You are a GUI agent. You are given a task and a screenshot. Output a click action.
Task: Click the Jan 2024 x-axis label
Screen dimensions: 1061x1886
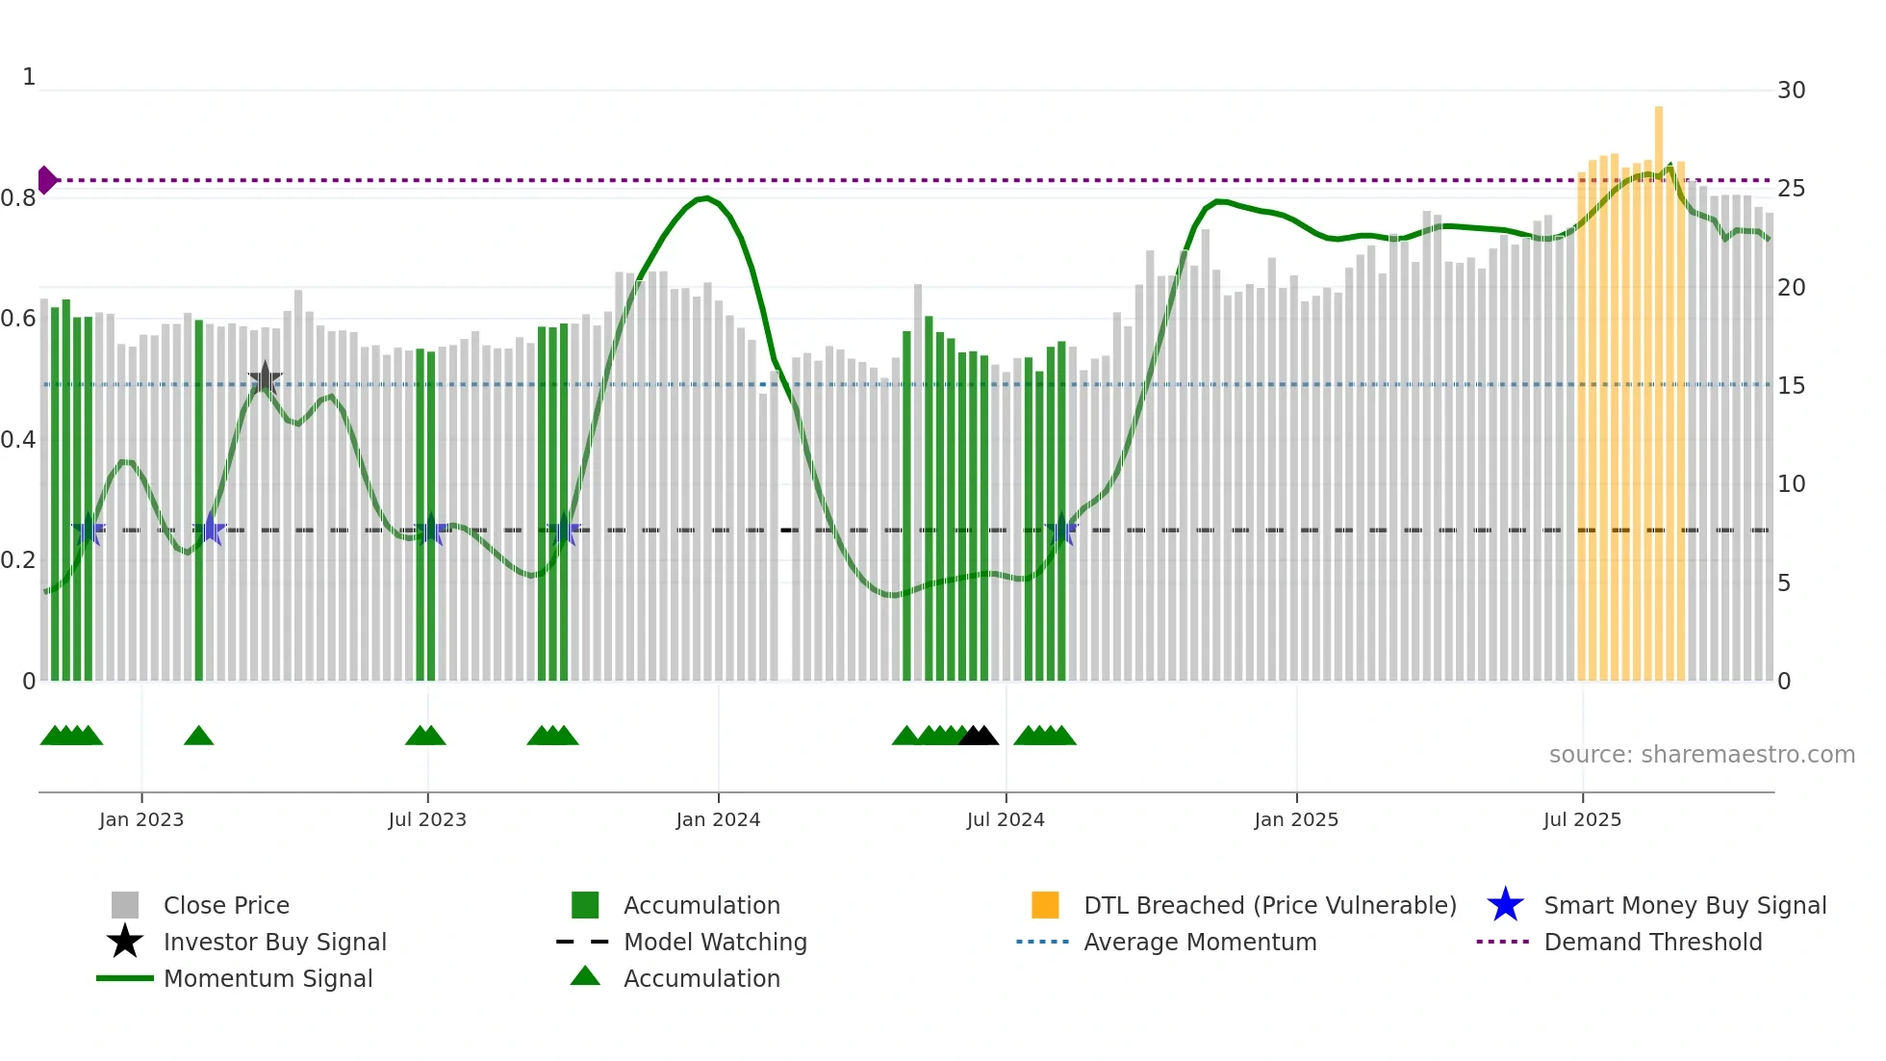coord(718,819)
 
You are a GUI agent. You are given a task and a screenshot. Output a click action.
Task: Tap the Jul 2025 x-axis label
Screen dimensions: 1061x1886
coord(1582,819)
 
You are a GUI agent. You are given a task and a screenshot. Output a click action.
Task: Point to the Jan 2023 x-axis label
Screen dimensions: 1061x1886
coord(141,819)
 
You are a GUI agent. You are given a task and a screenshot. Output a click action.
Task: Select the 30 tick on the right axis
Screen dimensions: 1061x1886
coord(1791,91)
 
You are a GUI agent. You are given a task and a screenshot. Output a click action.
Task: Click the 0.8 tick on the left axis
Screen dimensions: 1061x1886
coord(18,198)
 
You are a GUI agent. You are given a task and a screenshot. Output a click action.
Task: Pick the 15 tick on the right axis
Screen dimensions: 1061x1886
coord(1791,386)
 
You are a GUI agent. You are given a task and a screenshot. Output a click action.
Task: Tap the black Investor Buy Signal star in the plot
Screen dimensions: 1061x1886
coord(265,379)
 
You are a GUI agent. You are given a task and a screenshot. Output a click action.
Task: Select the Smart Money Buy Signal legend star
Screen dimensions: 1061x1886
coord(1505,905)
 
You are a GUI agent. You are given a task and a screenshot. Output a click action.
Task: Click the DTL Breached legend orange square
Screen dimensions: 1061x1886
coord(1045,905)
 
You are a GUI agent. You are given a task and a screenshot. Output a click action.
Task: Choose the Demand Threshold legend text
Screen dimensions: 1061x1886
coord(1652,942)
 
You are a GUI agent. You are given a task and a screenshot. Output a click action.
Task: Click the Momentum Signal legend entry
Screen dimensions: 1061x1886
coord(268,978)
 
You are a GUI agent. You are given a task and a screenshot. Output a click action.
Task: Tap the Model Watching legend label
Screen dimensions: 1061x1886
coord(715,942)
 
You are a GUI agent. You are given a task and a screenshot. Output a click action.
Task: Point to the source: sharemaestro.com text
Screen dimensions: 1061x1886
coord(1701,755)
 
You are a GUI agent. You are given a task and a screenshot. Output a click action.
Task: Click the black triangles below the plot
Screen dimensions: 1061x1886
coord(979,736)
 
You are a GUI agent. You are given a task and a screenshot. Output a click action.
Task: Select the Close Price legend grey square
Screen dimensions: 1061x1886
coord(125,905)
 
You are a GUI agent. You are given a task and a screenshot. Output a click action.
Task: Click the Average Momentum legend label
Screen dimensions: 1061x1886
coord(1200,942)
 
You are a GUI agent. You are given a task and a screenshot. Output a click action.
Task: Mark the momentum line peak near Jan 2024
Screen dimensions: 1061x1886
coord(706,197)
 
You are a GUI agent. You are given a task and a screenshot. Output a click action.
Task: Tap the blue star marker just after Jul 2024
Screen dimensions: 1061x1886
coord(1061,530)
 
